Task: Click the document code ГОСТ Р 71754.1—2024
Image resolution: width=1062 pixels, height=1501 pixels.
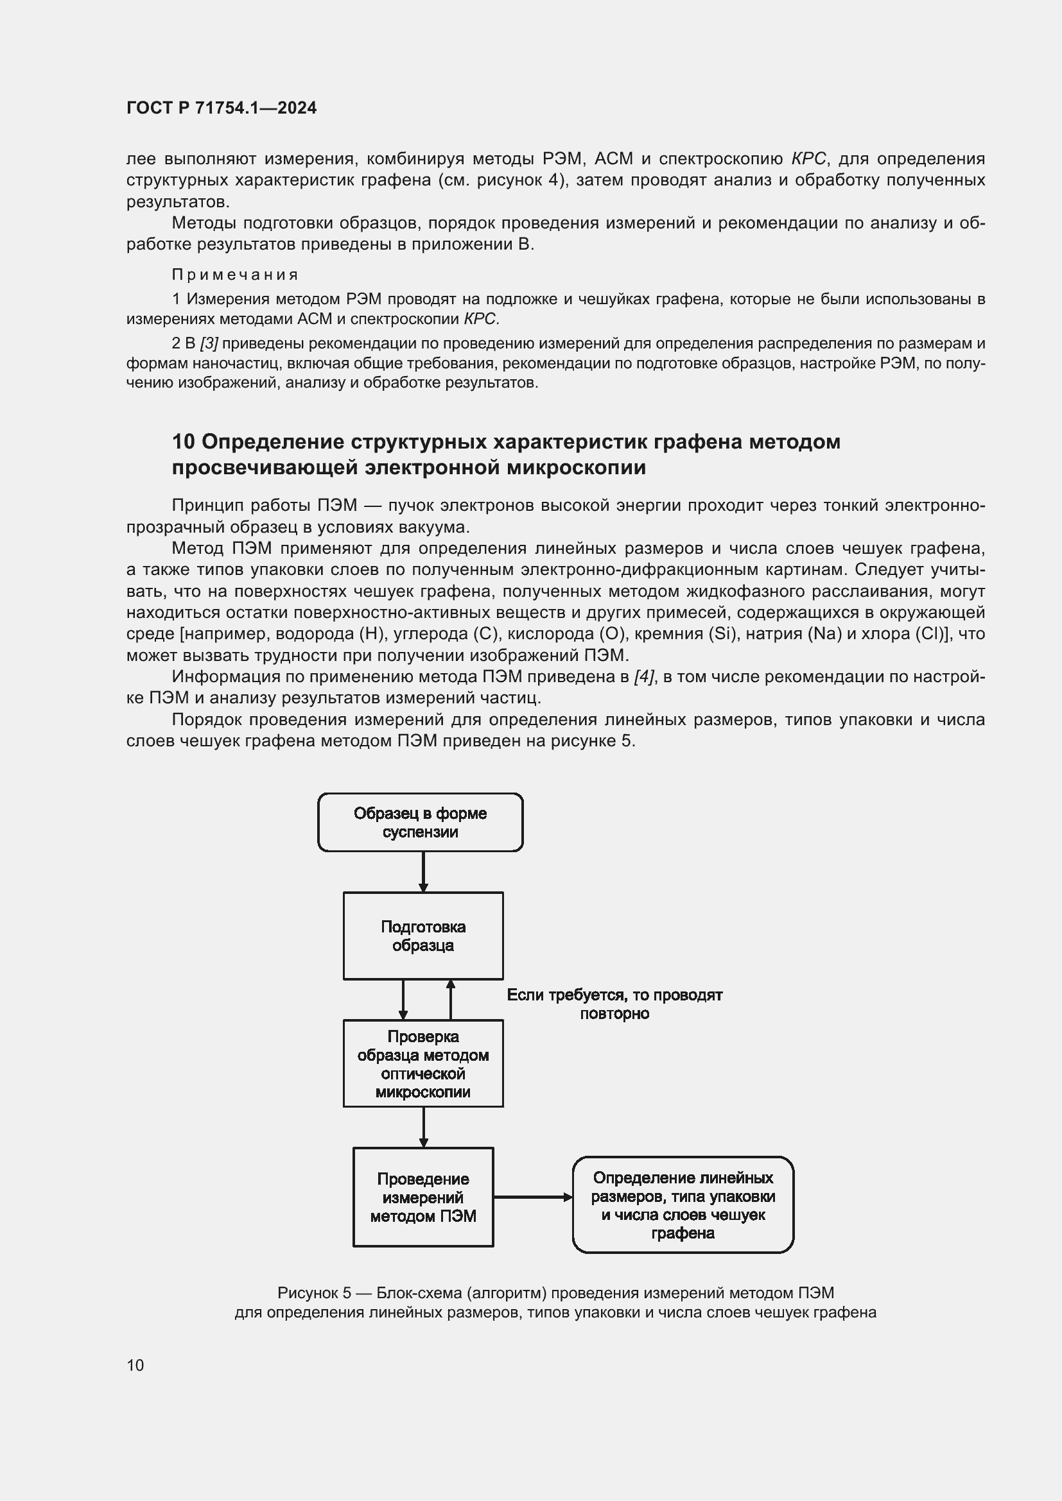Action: [221, 108]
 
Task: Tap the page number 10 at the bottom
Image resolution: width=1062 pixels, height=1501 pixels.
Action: [135, 1365]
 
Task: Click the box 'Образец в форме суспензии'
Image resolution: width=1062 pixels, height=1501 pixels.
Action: [421, 823]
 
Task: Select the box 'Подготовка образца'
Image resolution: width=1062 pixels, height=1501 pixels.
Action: [423, 936]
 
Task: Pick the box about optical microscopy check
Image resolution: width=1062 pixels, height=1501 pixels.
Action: [423, 1063]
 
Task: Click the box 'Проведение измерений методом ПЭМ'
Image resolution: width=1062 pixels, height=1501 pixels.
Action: [423, 1197]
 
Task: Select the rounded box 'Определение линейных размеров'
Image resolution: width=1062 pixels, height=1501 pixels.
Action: [683, 1205]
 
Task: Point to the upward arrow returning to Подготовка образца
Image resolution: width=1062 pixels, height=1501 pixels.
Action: [451, 1000]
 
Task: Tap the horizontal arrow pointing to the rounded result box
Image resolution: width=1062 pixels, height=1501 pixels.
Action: [532, 1197]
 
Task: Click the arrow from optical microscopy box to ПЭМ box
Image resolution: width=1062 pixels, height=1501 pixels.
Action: [423, 1127]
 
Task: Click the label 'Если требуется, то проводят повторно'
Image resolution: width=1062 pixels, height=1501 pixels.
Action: [614, 1004]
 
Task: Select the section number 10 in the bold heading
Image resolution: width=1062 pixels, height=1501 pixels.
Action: [183, 442]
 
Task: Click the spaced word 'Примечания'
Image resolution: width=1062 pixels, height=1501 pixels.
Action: [235, 275]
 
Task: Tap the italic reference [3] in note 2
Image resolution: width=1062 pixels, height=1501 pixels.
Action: [209, 343]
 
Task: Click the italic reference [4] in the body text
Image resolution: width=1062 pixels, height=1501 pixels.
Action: [643, 676]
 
